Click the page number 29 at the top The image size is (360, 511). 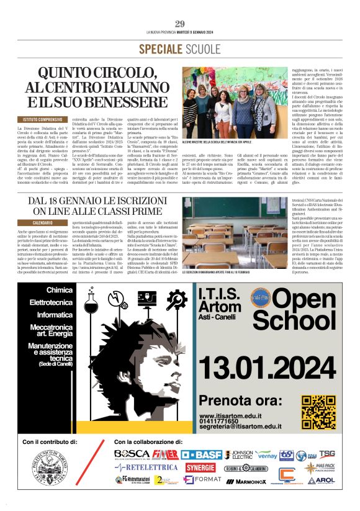pos(180,24)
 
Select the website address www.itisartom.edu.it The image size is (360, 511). pos(235,416)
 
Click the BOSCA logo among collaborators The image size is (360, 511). pos(132,454)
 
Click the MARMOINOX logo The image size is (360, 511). pos(251,481)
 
